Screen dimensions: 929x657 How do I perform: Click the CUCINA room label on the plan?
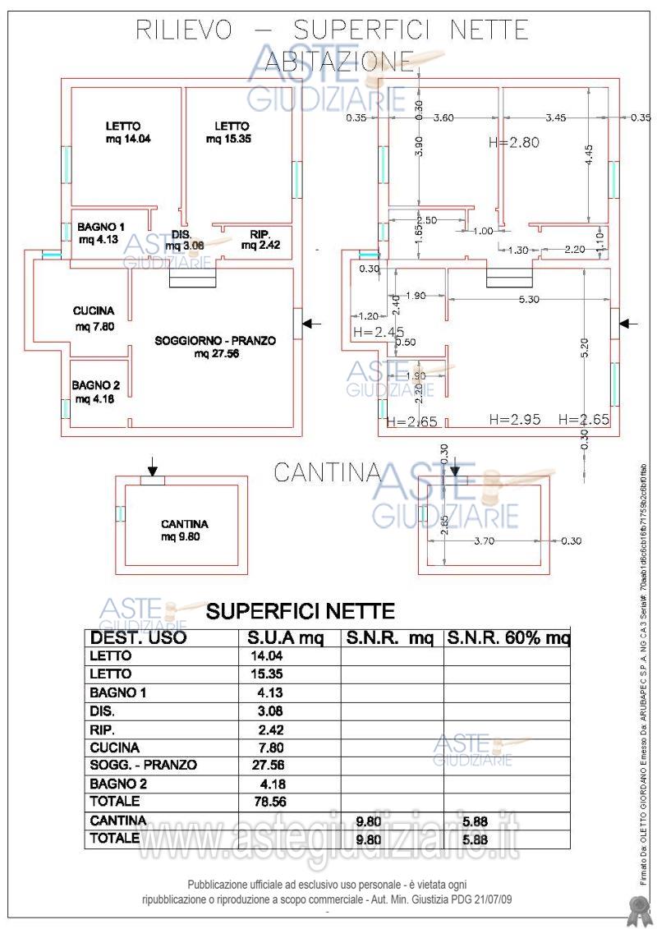pos(93,311)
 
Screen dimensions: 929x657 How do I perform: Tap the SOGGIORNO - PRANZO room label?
pos(215,340)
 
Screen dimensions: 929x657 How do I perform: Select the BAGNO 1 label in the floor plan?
pos(101,228)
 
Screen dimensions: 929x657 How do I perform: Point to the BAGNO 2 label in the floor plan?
pos(96,384)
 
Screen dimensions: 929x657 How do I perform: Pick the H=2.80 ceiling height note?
pos(513,142)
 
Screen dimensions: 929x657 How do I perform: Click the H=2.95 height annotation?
pos(514,420)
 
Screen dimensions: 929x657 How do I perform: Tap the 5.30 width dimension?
pos(529,300)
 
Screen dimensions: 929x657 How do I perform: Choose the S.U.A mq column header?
pos(287,638)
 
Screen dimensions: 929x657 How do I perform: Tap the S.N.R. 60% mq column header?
pos(507,638)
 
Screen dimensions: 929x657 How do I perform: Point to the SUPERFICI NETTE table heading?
pos(301,611)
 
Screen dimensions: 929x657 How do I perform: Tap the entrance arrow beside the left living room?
pos(311,324)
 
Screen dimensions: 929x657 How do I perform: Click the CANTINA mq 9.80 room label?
pos(184,531)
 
